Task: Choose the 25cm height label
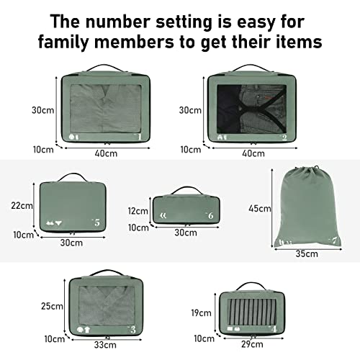click(x=52, y=306)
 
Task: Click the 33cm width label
click(x=104, y=344)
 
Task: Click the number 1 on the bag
click(x=139, y=135)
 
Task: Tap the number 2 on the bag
click(x=284, y=136)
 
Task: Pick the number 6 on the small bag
click(x=210, y=215)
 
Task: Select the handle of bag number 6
click(x=184, y=191)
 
